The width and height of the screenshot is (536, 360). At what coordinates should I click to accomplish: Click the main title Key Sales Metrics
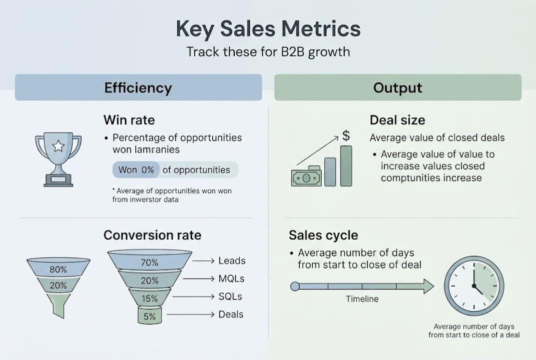pyautogui.click(x=268, y=29)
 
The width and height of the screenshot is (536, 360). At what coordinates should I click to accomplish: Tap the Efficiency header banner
pyautogui.click(x=138, y=88)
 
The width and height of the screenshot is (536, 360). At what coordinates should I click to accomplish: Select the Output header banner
pyautogui.click(x=398, y=88)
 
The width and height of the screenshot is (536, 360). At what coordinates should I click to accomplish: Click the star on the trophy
pyautogui.click(x=58, y=146)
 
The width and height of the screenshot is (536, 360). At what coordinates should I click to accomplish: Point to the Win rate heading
pyautogui.click(x=129, y=120)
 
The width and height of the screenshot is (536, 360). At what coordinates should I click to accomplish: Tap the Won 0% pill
pyautogui.click(x=136, y=170)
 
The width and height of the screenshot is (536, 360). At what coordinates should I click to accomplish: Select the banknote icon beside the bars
pyautogui.click(x=306, y=176)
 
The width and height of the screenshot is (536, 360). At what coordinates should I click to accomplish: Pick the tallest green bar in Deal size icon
pyautogui.click(x=346, y=166)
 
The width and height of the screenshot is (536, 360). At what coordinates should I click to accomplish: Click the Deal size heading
pyautogui.click(x=397, y=120)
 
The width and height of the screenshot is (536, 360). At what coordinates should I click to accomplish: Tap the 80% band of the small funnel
pyautogui.click(x=58, y=269)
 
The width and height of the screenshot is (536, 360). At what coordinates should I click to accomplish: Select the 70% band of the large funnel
pyautogui.click(x=149, y=262)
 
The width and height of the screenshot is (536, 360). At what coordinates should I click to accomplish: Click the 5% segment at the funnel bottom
pyautogui.click(x=149, y=316)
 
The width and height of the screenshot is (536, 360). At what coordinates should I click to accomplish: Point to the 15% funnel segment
pyautogui.click(x=149, y=298)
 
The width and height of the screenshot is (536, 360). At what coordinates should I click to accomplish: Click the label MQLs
pyautogui.click(x=232, y=278)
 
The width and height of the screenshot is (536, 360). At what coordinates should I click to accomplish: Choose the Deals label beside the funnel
pyautogui.click(x=231, y=314)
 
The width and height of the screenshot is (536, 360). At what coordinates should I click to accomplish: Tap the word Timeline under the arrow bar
pyautogui.click(x=362, y=299)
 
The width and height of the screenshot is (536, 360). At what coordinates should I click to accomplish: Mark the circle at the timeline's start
pyautogui.click(x=295, y=286)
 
